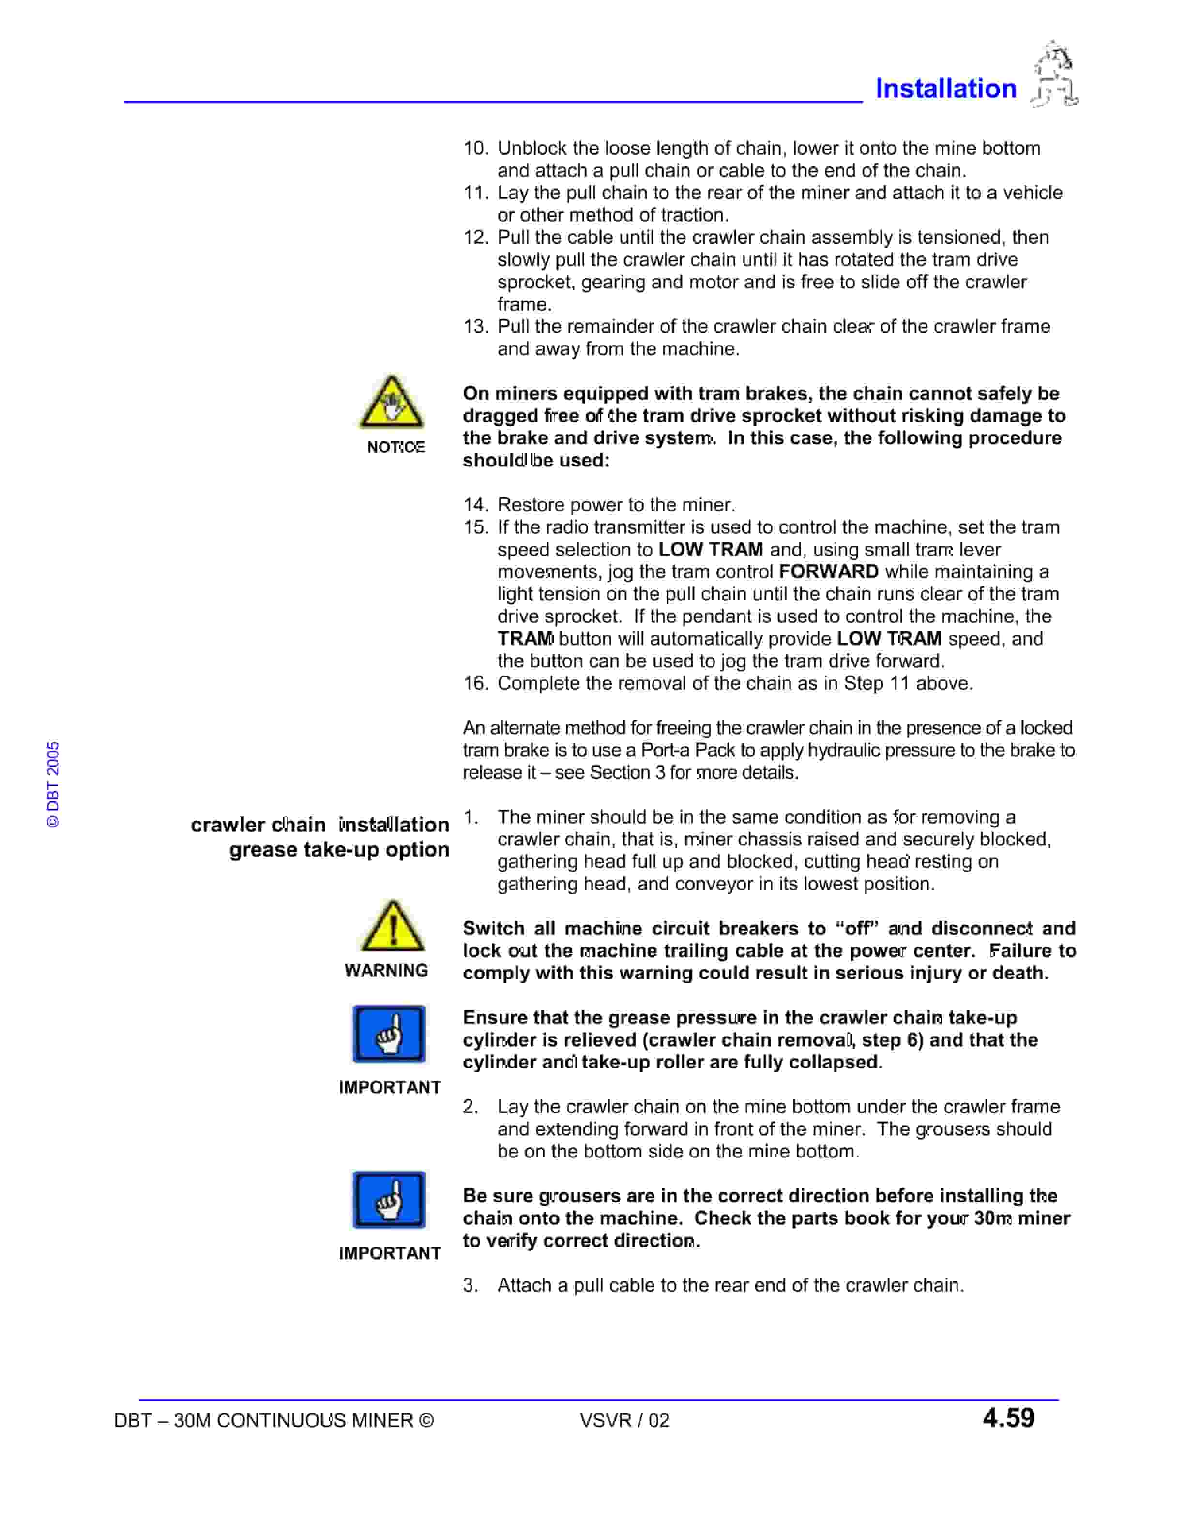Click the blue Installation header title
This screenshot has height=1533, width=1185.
click(x=945, y=89)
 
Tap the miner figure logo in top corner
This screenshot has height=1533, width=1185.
click(x=1054, y=75)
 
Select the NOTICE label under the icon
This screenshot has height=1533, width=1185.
click(x=396, y=447)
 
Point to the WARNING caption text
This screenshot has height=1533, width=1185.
click(x=386, y=970)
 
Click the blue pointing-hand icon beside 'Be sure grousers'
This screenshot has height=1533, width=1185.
click(x=389, y=1200)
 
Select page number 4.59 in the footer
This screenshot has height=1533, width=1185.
click(x=1008, y=1418)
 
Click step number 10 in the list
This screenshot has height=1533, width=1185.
click(x=475, y=148)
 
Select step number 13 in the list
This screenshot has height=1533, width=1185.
click(x=475, y=327)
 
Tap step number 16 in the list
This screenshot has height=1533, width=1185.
click(x=475, y=683)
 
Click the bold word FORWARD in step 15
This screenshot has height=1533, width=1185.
click(x=828, y=571)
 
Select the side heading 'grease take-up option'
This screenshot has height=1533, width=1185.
click(x=339, y=849)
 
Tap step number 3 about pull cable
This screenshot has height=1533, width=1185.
click(x=471, y=1285)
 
